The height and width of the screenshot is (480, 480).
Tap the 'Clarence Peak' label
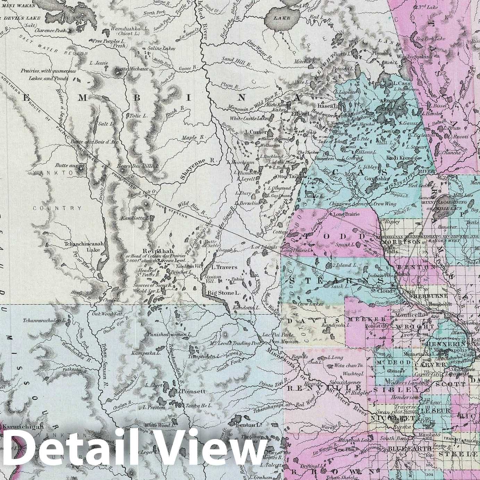[51, 31]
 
